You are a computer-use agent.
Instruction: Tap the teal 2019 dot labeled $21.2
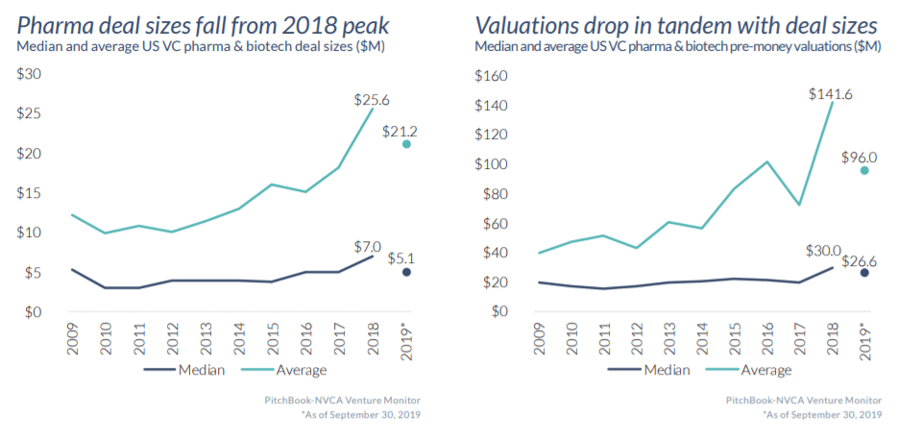coord(407,144)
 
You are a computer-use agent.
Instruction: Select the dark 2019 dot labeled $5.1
coord(407,273)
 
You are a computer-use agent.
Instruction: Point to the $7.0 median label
coord(368,246)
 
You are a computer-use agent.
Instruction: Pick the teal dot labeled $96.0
coord(864,170)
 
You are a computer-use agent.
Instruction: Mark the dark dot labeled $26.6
coord(864,273)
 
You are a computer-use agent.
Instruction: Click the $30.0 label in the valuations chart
coord(822,253)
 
